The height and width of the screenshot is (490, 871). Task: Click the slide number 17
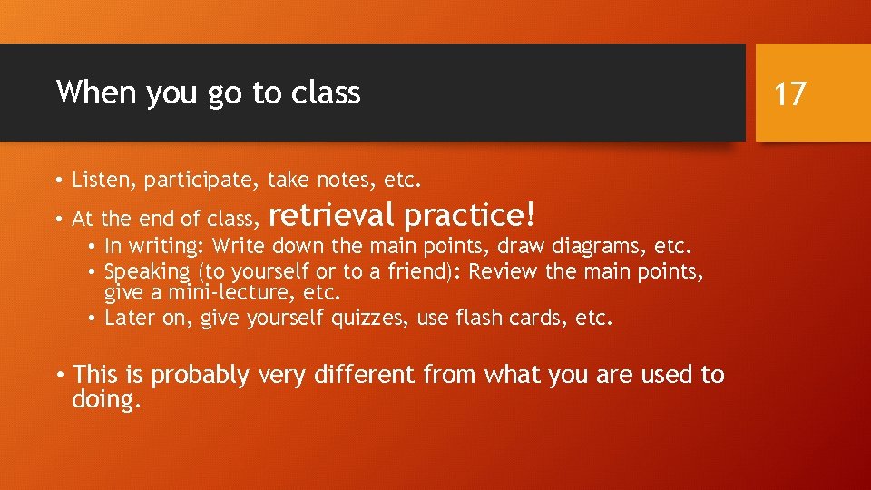[x=790, y=93]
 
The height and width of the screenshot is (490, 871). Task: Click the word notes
[x=345, y=180]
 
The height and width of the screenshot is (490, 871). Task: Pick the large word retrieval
[x=332, y=215]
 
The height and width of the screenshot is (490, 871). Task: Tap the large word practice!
[x=470, y=216]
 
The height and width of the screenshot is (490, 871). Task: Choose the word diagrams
[x=592, y=247]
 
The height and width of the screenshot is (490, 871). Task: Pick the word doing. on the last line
[x=107, y=399]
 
